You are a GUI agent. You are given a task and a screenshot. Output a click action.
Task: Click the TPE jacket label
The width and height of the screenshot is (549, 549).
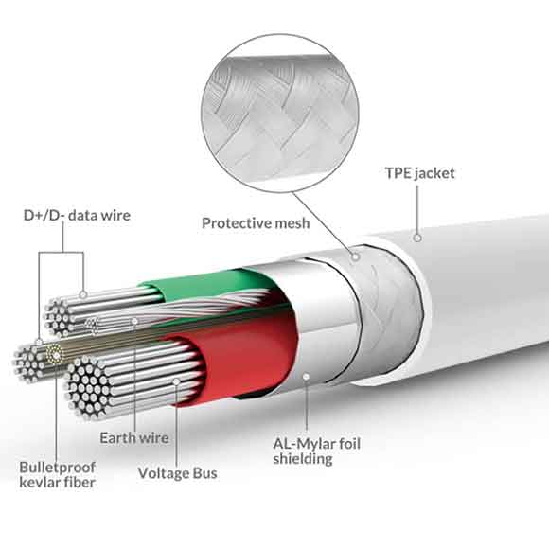tap(420, 173)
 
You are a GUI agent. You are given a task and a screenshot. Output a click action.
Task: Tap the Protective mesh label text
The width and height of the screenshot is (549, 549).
tap(256, 223)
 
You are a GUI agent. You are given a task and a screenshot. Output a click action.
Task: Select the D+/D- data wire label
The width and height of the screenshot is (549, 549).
tap(77, 215)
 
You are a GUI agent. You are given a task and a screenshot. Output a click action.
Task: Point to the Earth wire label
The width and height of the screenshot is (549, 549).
tap(134, 438)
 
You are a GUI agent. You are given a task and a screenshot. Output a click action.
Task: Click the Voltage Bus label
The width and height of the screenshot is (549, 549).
tap(178, 473)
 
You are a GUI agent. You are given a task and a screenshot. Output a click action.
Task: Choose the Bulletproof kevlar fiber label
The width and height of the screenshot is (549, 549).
tap(58, 475)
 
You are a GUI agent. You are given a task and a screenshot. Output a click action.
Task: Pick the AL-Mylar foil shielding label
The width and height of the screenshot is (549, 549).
tap(316, 452)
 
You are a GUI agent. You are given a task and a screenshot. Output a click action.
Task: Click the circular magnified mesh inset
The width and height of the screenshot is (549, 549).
tap(280, 113)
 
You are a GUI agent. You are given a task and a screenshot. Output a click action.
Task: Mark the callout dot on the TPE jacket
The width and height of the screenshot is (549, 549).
tap(417, 239)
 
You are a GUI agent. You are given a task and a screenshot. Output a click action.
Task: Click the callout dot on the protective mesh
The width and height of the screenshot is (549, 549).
tap(355, 257)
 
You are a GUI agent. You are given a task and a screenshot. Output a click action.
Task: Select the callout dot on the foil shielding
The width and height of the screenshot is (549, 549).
tap(307, 377)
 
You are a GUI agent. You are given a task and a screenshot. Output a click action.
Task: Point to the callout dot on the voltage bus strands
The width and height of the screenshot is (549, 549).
tap(176, 381)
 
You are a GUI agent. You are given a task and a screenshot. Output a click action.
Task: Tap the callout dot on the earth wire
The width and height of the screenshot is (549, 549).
tap(134, 321)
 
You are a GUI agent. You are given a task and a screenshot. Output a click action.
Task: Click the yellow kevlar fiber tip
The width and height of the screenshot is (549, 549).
tap(54, 354)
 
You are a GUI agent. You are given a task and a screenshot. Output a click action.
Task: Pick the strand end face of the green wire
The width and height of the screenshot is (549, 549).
tap(59, 317)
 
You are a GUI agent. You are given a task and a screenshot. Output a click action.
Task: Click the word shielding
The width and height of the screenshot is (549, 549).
tap(303, 459)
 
